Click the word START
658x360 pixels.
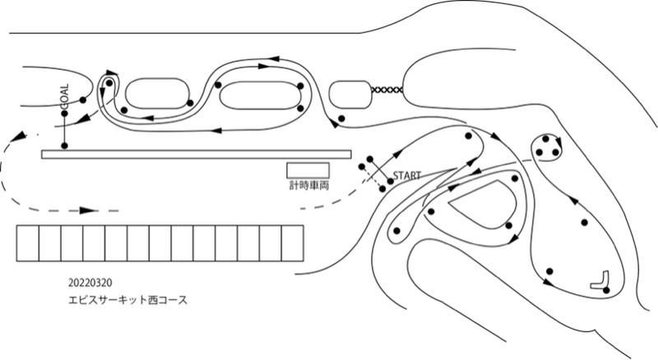pyautogui.click(x=406, y=175)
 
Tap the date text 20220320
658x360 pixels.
pyautogui.click(x=90, y=283)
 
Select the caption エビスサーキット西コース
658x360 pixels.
pyautogui.click(x=128, y=300)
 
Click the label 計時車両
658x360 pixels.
pyautogui.click(x=309, y=185)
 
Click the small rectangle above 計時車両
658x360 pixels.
pyautogui.click(x=308, y=171)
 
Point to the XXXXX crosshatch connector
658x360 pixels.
pyautogui.click(x=387, y=90)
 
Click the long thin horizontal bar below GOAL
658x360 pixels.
pyautogui.click(x=197, y=155)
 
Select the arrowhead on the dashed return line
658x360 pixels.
pyautogui.click(x=89, y=210)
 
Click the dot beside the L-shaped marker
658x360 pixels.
pyautogui.click(x=606, y=290)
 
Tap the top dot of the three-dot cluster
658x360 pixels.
pyautogui.click(x=545, y=138)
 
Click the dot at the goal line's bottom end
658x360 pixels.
pyautogui.click(x=64, y=145)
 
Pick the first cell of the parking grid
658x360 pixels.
pyautogui.click(x=28, y=243)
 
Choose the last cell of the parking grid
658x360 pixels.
pyautogui.click(x=293, y=243)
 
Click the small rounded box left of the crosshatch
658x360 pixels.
pyautogui.click(x=350, y=95)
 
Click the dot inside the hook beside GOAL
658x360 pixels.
pyautogui.click(x=109, y=83)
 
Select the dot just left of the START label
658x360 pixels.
pyautogui.click(x=390, y=182)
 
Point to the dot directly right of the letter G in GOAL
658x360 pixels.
pyautogui.click(x=83, y=99)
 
